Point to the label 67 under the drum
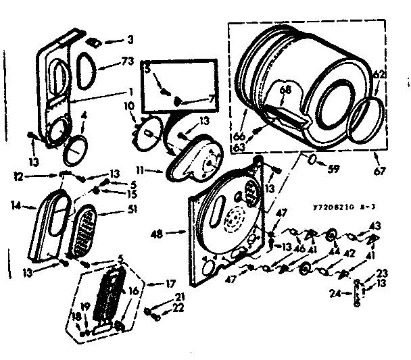(x=379, y=171)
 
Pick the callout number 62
(x=379, y=75)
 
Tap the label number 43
(x=374, y=225)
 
